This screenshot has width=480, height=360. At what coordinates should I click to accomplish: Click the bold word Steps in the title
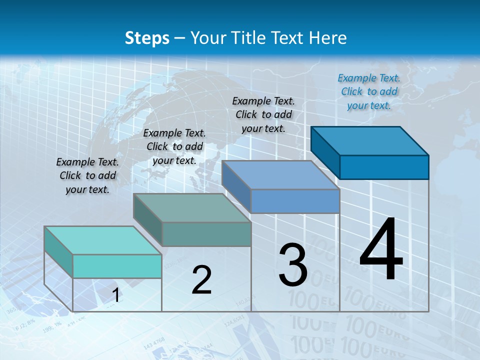click(x=147, y=38)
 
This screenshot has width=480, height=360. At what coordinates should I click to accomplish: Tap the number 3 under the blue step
click(x=293, y=265)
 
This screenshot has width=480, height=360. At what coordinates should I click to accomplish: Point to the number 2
click(x=201, y=280)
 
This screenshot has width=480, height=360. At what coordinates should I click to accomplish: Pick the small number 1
click(x=115, y=295)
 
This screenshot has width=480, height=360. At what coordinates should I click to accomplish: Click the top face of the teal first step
click(x=102, y=240)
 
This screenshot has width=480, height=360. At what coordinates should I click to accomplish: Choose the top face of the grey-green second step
click(x=192, y=208)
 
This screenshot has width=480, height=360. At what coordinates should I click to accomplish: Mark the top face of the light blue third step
click(x=280, y=175)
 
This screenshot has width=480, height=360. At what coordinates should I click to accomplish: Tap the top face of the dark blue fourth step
click(x=370, y=141)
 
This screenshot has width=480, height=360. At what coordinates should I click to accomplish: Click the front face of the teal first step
click(x=117, y=266)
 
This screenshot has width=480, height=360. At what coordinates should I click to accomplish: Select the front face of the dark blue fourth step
click(x=384, y=167)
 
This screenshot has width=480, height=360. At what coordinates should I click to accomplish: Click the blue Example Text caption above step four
click(x=369, y=91)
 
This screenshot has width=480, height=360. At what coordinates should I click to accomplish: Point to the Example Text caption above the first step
click(x=87, y=175)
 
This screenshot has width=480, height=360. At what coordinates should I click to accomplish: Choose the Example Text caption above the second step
click(x=174, y=146)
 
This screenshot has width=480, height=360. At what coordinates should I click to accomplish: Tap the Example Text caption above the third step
click(x=263, y=114)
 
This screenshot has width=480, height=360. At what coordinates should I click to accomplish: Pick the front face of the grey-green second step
click(x=206, y=234)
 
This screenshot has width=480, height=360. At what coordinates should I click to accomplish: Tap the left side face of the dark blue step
click(x=325, y=152)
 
